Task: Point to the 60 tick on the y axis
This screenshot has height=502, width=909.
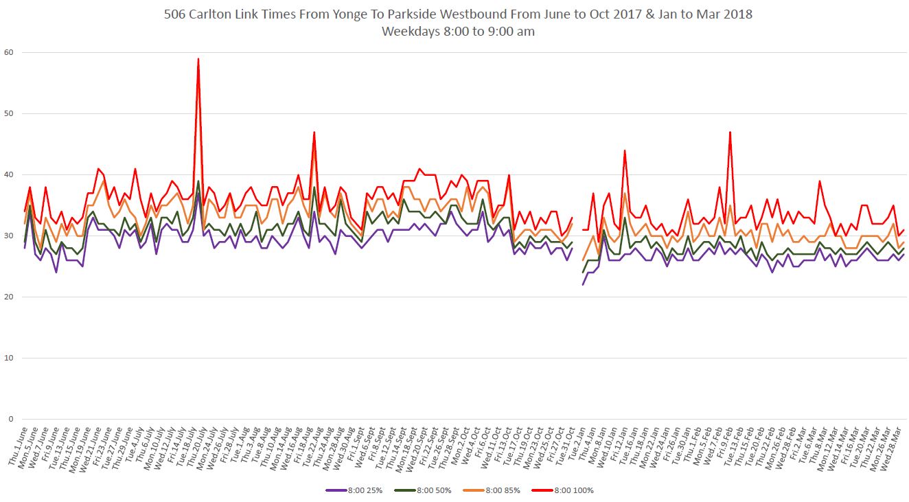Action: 8,52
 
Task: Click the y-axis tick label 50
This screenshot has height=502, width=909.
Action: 8,113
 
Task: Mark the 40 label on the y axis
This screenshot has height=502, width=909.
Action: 8,174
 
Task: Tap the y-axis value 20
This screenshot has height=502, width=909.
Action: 8,297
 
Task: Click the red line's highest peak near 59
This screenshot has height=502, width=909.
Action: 198,59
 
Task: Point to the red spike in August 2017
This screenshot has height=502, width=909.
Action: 314,132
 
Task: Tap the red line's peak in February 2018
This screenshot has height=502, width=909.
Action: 730,132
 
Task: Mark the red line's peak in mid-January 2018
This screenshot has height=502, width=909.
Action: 625,150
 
